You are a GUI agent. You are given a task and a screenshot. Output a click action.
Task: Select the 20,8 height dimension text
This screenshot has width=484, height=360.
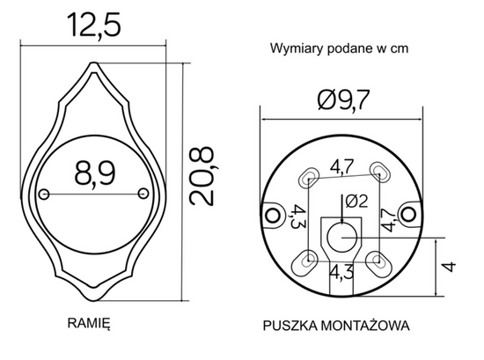coord(203,175)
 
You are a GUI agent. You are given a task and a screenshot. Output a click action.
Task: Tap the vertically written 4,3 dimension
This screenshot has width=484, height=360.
coord(297,217)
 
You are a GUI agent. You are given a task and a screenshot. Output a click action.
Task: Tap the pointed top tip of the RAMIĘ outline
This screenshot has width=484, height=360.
coord(96,63)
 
